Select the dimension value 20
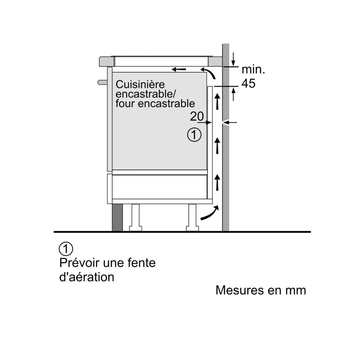[x=196, y=116]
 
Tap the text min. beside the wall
[x=253, y=70]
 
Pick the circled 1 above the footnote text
[x=66, y=249]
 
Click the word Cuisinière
[x=140, y=84]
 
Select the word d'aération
[x=87, y=277]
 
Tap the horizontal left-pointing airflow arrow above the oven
[x=179, y=70]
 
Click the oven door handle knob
[x=102, y=82]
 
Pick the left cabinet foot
[x=135, y=217]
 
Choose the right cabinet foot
[x=192, y=217]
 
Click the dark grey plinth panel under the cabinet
[x=117, y=218]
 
